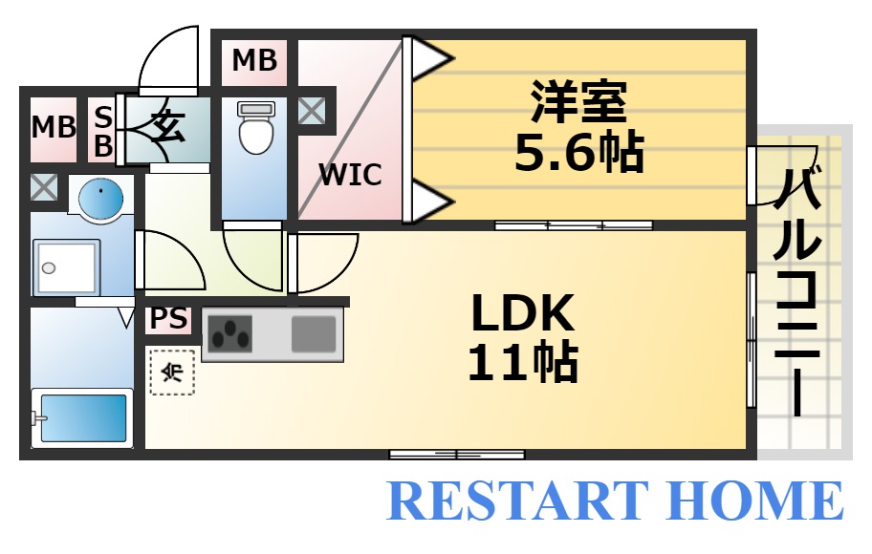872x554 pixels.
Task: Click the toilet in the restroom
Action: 255,130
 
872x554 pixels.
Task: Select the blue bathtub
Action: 81,417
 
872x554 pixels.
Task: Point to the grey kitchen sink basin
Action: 314,334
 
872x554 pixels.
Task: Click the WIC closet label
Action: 350,175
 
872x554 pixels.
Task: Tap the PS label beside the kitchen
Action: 168,318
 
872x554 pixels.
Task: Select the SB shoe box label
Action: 102,131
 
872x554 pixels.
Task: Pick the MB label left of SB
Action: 54,127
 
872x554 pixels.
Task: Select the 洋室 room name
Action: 578,102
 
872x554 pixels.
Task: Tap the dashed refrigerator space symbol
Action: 172,372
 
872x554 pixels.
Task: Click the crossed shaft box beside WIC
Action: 311,111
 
